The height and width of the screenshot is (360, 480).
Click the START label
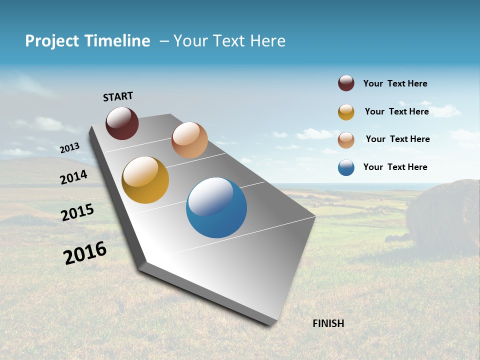click(x=118, y=96)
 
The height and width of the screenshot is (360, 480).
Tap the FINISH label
click(x=328, y=323)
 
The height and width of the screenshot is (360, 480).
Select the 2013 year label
click(x=70, y=147)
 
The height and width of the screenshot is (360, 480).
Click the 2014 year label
click(x=74, y=177)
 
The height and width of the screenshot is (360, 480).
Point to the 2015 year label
click(x=77, y=212)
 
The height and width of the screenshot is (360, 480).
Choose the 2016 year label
click(x=85, y=253)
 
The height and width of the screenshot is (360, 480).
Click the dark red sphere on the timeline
click(x=122, y=123)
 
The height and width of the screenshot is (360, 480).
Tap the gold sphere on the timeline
click(x=145, y=180)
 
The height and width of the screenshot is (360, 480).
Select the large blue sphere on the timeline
click(x=216, y=207)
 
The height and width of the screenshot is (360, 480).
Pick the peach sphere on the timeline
click(x=189, y=140)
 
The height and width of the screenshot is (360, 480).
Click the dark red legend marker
click(x=346, y=83)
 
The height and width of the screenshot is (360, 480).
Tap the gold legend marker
click(x=346, y=112)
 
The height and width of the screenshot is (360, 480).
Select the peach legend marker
click(x=346, y=140)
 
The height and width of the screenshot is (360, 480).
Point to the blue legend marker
click(x=346, y=168)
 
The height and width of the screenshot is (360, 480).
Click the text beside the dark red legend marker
click(x=395, y=83)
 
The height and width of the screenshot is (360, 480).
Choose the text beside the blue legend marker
click(x=395, y=167)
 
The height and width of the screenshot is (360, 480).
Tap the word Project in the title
click(x=52, y=41)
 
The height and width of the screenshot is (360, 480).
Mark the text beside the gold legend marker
click(x=396, y=111)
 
